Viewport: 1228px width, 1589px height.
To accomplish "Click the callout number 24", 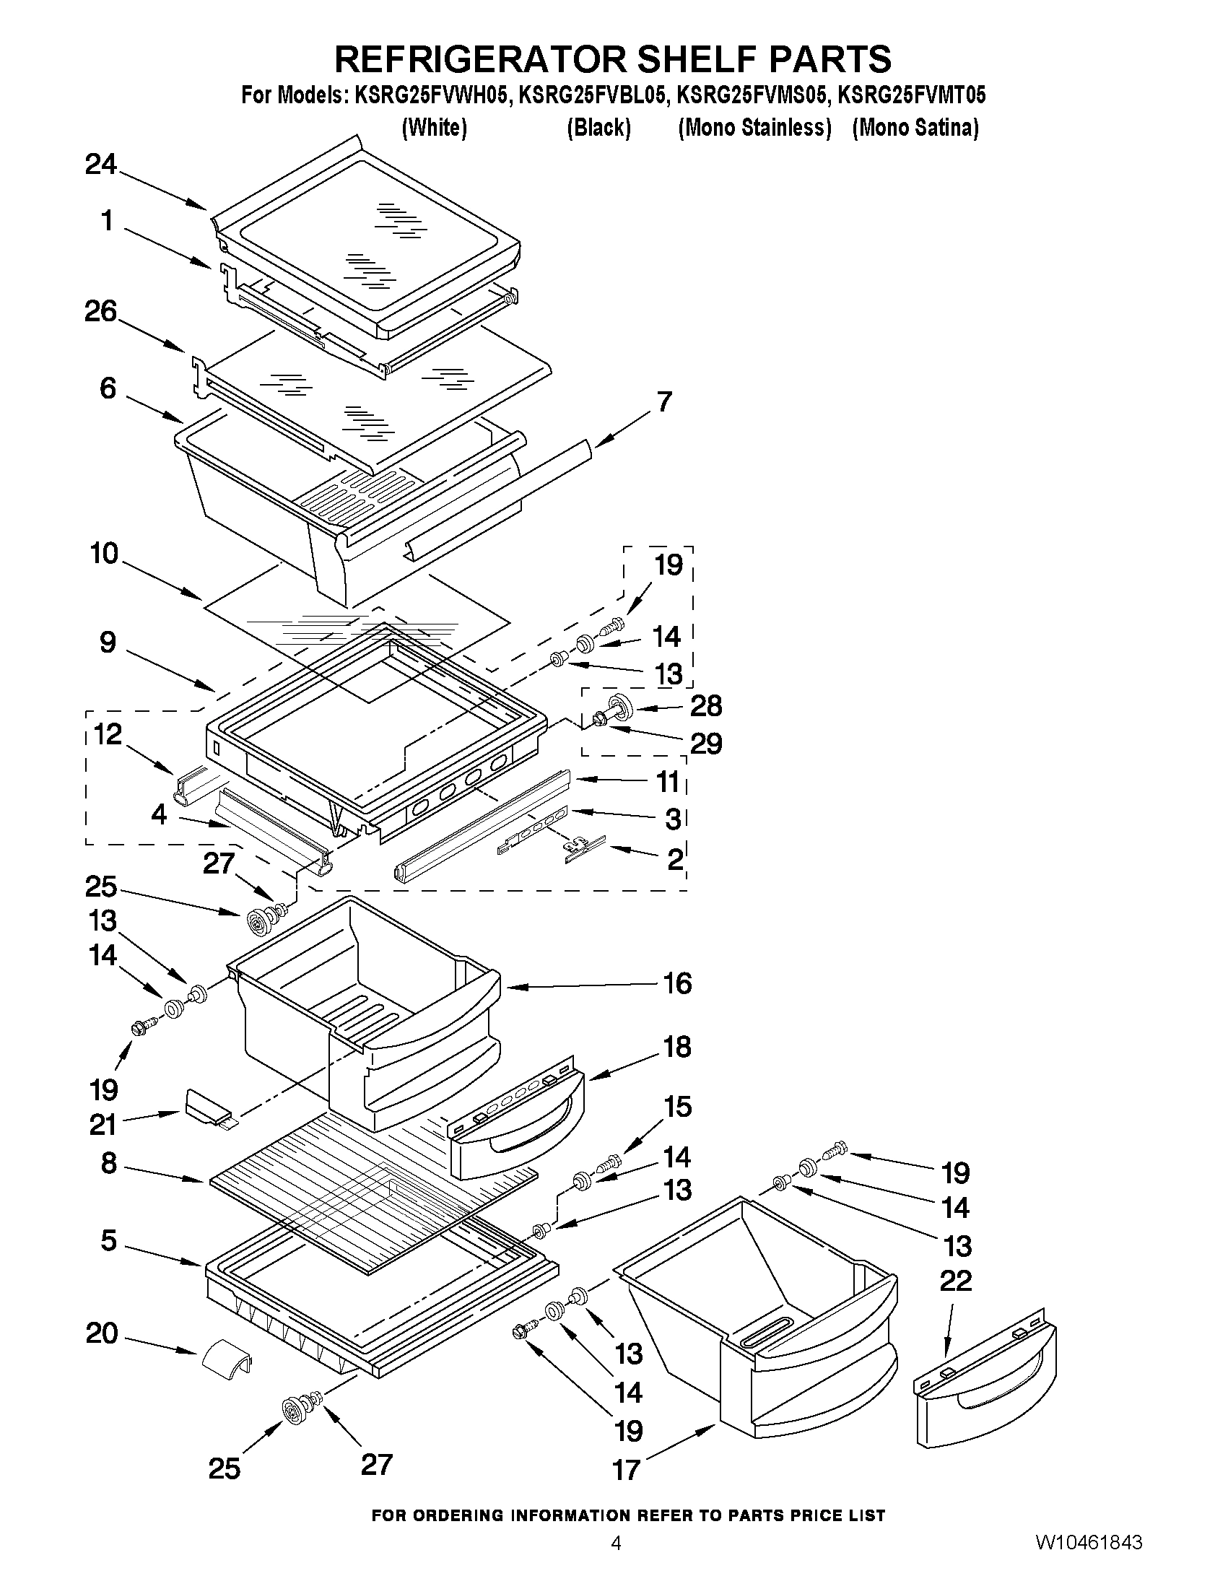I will (x=101, y=165).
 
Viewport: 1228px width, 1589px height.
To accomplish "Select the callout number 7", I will (x=664, y=402).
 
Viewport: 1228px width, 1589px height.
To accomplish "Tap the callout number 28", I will (x=705, y=705).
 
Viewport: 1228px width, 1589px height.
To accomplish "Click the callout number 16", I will (x=676, y=984).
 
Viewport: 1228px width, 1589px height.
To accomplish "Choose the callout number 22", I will (x=955, y=1281).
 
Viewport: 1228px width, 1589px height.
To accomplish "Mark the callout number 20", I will (x=101, y=1333).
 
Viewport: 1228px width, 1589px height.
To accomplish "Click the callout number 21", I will (x=103, y=1125).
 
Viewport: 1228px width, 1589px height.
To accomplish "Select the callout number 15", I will (x=676, y=1107).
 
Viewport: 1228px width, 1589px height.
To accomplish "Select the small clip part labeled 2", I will (x=584, y=849).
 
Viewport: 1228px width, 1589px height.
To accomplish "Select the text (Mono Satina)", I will (x=915, y=128).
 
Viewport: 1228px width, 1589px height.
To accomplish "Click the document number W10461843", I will (x=1089, y=1563).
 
